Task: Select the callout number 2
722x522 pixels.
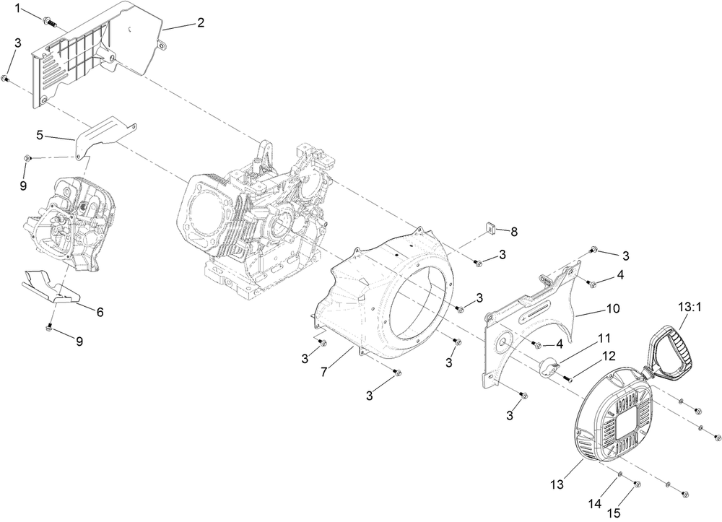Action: click(200, 23)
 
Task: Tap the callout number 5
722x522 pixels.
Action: click(40, 134)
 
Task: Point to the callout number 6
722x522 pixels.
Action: click(100, 312)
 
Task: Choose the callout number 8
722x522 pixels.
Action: click(514, 232)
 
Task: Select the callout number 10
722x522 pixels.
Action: click(612, 308)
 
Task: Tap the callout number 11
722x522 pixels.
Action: click(604, 337)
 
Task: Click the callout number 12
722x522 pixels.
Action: click(609, 355)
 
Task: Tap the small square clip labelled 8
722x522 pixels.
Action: click(488, 230)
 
